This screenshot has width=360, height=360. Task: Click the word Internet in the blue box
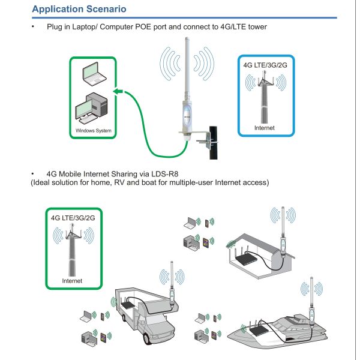265,128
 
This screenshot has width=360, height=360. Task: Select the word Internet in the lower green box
73,281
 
